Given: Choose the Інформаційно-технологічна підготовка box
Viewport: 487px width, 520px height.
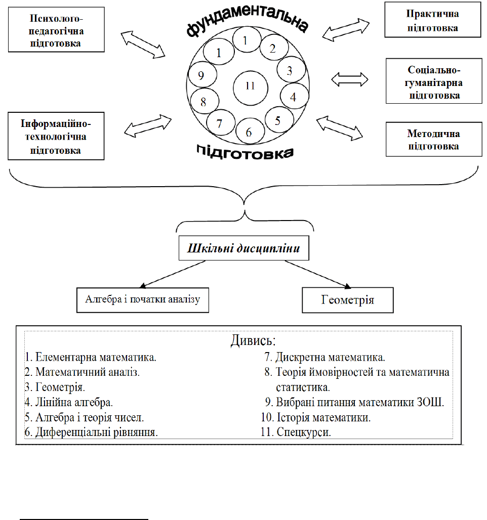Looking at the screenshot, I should (x=56, y=137).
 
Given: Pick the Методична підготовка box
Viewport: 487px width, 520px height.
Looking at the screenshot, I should (x=433, y=140).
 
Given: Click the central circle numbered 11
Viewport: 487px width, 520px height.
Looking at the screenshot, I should (x=250, y=86).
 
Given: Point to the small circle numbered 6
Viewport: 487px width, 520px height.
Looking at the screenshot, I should (x=249, y=133).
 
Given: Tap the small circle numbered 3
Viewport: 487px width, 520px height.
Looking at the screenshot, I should (x=289, y=71).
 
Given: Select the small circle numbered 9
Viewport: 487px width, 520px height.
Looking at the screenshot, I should (x=201, y=76).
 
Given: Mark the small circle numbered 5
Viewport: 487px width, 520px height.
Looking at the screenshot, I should (x=277, y=121).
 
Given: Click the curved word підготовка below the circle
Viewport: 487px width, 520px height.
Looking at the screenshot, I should (x=246, y=151).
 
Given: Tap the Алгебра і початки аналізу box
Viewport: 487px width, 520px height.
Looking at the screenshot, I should (x=143, y=299).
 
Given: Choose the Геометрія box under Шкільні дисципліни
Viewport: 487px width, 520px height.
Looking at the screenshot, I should (x=347, y=300).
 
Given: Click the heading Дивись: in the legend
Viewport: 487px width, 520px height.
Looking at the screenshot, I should (x=253, y=340).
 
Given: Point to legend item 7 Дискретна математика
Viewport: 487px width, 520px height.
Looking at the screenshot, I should (x=325, y=357).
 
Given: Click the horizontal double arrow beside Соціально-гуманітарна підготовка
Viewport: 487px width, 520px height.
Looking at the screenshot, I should (x=349, y=79).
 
